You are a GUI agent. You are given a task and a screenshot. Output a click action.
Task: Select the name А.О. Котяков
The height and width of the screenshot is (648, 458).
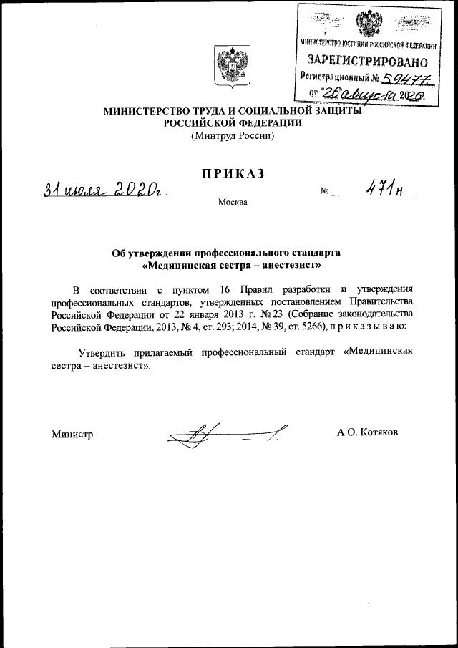(368, 433)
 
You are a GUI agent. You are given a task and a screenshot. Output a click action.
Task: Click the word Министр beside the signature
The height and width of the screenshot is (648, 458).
(72, 434)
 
